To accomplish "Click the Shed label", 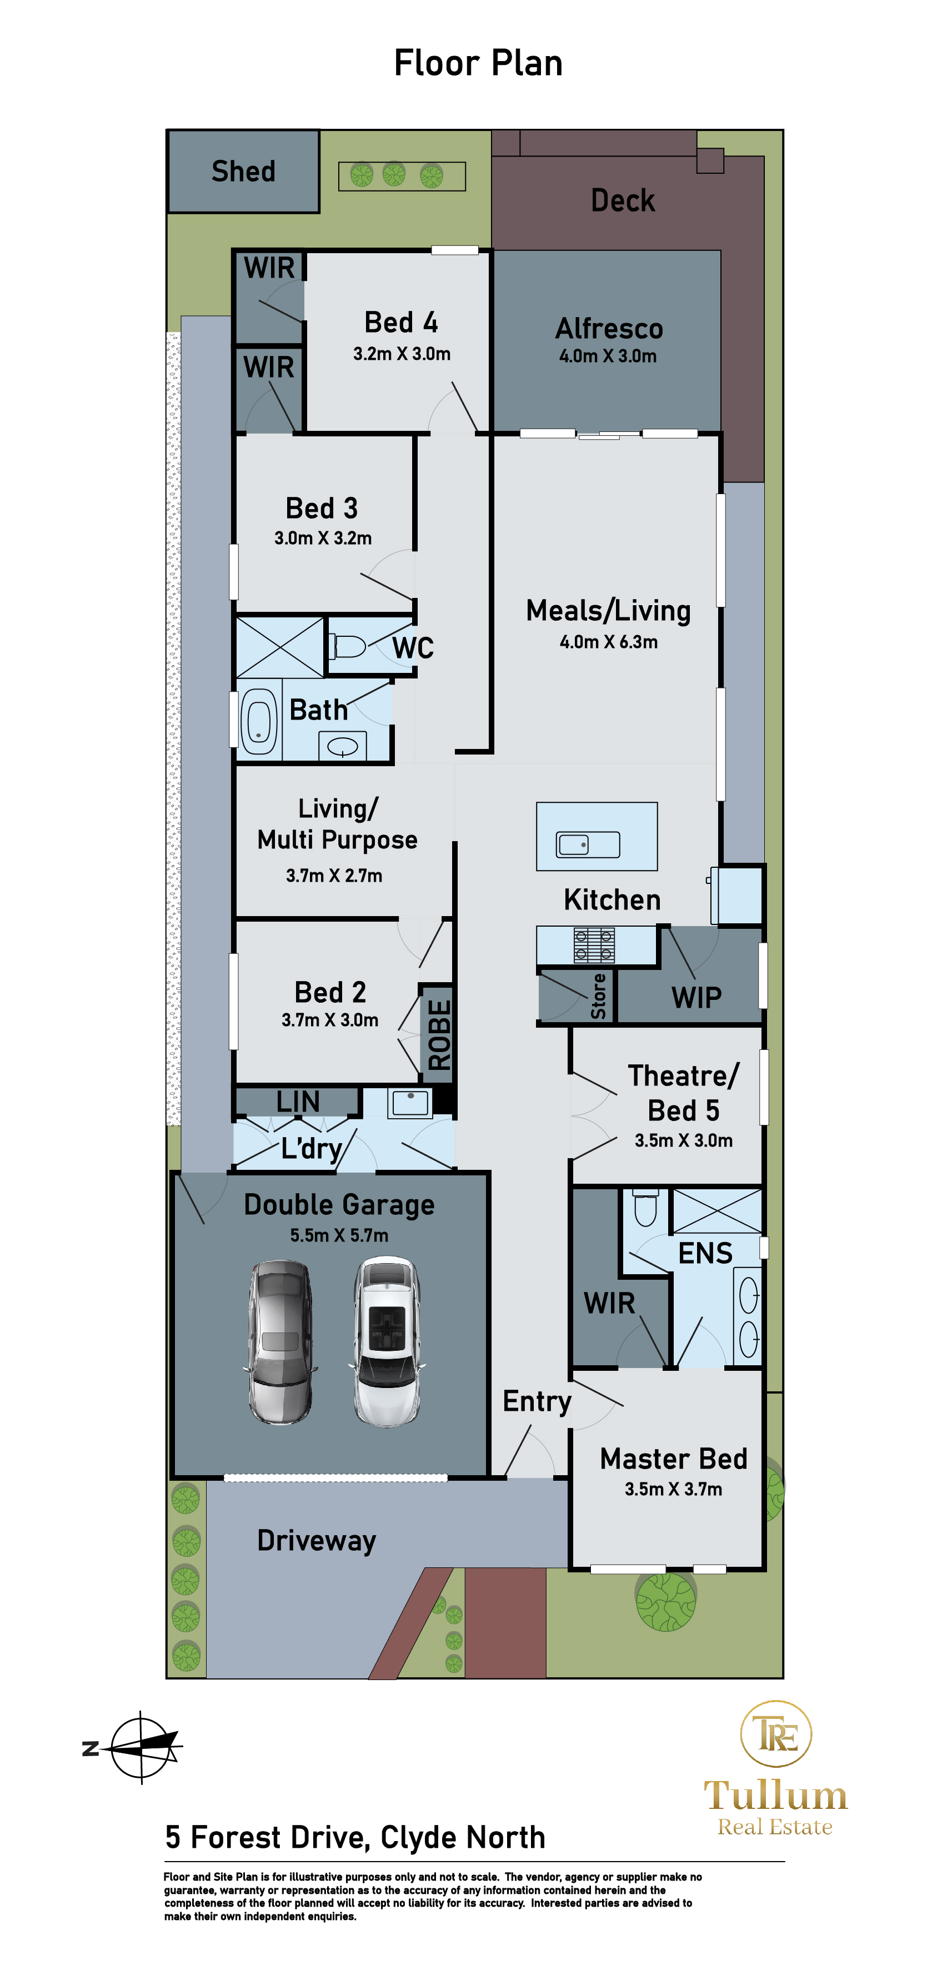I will pos(243,172).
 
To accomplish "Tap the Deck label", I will pos(622,201).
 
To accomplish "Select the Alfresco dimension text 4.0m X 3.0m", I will pos(608,356).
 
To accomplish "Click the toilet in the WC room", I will pos(347,646).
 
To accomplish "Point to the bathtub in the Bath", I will pos(259,721).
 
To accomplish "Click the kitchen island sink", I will pos(588,844).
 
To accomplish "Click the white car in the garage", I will pos(387,1342).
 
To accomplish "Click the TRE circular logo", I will pos(775,1734).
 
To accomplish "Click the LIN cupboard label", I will pos(298,1102).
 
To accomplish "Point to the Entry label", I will pos(537,1401).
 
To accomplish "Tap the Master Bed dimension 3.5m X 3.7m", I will pos(673,1489).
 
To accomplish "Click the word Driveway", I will pos(316,1541).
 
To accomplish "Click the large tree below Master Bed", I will pos(665,1601).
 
